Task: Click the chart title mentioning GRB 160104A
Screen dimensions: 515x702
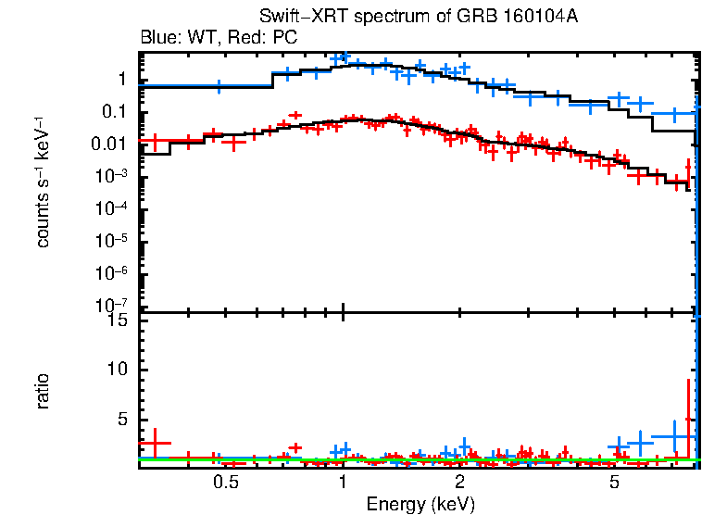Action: tap(419, 19)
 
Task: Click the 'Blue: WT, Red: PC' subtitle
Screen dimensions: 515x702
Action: tap(218, 38)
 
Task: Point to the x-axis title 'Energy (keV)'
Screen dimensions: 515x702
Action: tap(420, 504)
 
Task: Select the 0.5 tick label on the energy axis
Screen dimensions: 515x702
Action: tap(225, 483)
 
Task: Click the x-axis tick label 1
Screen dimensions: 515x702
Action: tap(343, 483)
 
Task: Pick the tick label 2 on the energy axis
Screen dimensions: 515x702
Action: tap(459, 483)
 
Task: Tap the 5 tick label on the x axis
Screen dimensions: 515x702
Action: tap(614, 483)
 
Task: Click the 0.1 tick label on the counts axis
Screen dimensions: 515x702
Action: tap(113, 112)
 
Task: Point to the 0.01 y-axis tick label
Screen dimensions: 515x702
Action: tap(108, 144)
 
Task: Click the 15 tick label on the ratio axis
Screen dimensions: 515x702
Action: tap(115, 320)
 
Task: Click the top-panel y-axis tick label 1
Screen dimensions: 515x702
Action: tap(120, 80)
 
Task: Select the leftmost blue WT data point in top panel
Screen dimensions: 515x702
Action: tap(219, 85)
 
